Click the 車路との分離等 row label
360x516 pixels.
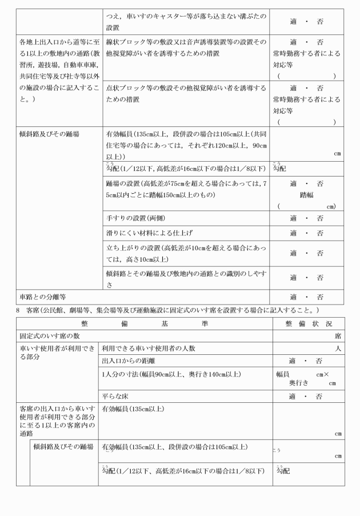pos(43,297)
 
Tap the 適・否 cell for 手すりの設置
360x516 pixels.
pos(306,218)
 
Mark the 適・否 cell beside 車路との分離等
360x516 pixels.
pos(306,297)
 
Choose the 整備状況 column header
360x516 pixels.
pos(309,323)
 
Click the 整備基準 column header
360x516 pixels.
pos(145,323)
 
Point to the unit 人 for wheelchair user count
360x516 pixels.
pos(339,348)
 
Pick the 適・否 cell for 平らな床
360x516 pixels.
pos(306,396)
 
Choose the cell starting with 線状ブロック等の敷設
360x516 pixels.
pos(186,47)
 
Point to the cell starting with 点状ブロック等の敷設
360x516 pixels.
pos(186,93)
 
